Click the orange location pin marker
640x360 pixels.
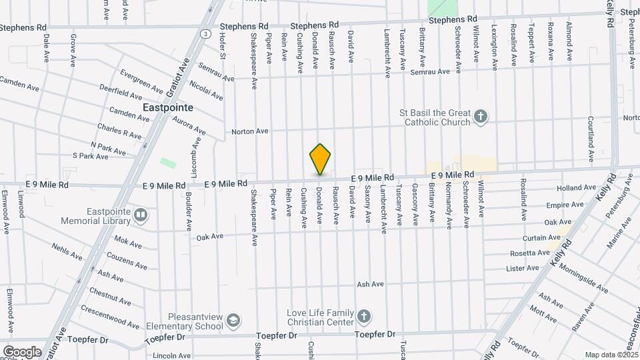tap(320, 159)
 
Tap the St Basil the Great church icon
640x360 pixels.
tap(481, 118)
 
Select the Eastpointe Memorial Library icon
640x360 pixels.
tap(140, 215)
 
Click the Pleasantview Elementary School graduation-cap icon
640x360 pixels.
tap(233, 321)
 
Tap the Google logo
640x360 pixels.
tap(22, 351)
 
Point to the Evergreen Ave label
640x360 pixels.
tap(141, 80)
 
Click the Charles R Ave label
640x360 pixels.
tap(119, 131)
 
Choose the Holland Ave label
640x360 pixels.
tap(565, 189)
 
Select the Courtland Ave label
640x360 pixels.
tap(591, 139)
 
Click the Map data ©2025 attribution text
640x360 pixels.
tap(611, 355)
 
